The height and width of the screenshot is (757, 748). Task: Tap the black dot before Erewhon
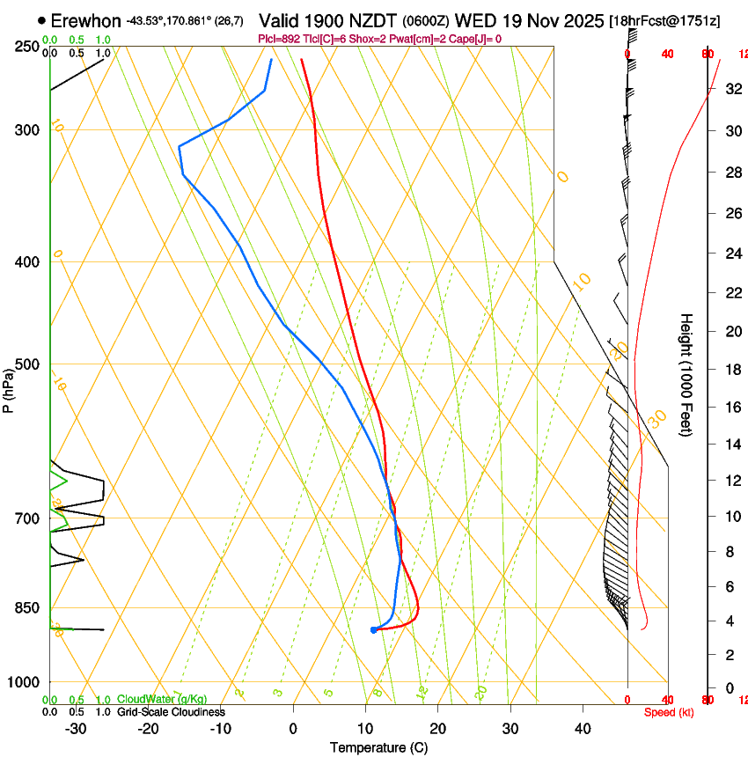click(41, 20)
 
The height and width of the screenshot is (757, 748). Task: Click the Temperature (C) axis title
click(378, 747)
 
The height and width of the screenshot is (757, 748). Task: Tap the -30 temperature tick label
click(76, 729)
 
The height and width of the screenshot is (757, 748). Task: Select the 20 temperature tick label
click(437, 729)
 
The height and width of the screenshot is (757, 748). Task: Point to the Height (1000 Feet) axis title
click(686, 374)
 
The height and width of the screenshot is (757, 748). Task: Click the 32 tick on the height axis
click(732, 89)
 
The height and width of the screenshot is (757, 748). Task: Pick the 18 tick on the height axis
click(732, 369)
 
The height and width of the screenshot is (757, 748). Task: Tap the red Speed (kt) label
click(669, 712)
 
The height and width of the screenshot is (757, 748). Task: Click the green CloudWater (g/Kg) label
click(162, 700)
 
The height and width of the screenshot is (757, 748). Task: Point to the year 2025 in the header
click(583, 20)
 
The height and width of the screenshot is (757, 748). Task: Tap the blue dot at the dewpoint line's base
click(374, 629)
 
